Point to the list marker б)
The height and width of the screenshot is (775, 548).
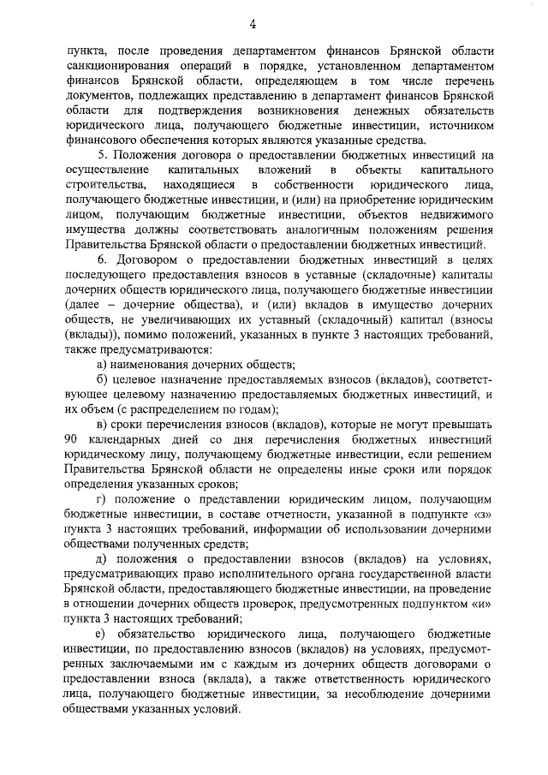[x=102, y=379]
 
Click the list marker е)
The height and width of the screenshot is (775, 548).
[x=102, y=634]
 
